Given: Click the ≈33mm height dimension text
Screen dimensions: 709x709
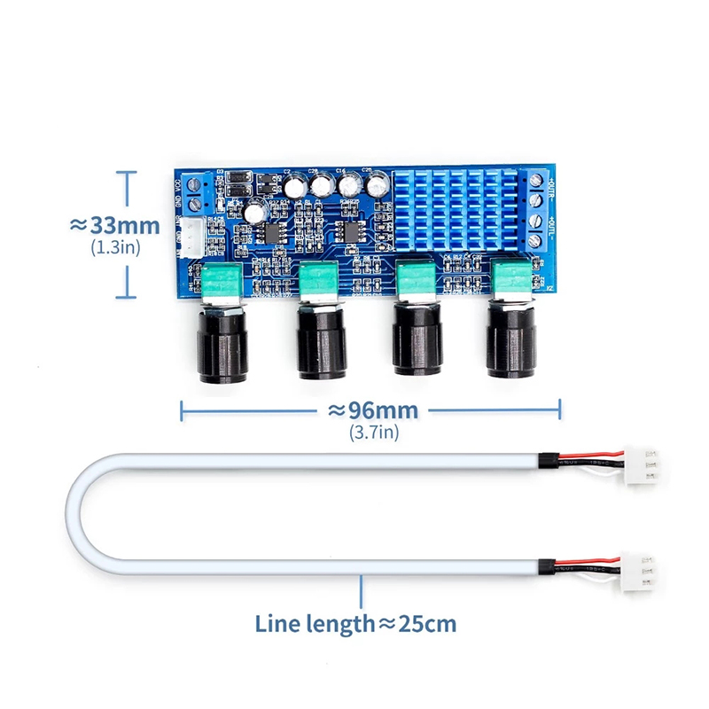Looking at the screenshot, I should click(114, 225).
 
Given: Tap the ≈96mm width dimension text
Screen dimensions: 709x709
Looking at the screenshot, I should click(373, 410).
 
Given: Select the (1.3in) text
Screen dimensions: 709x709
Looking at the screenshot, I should click(115, 248).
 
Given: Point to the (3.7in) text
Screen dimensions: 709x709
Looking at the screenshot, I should click(373, 432).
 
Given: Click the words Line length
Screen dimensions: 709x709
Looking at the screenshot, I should click(316, 624).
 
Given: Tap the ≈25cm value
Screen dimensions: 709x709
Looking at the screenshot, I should click(417, 624).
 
